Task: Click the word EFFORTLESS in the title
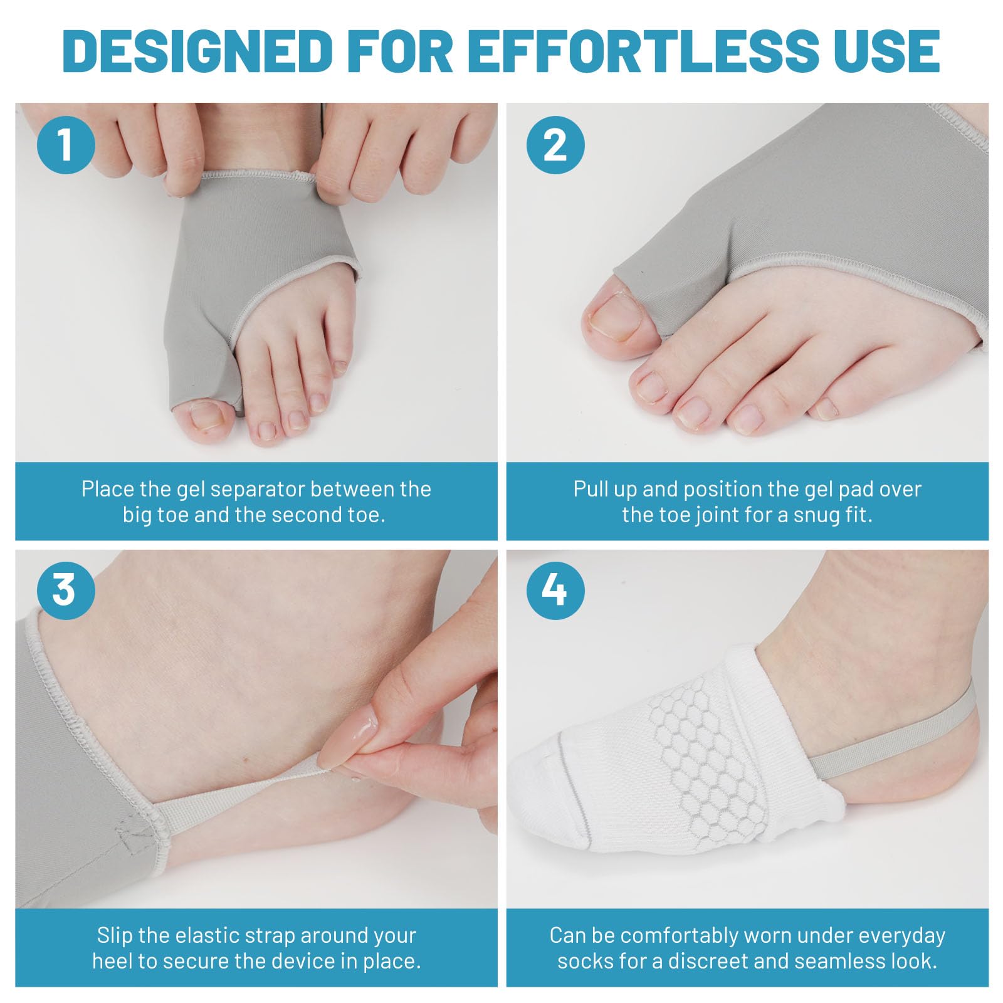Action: pos(643,50)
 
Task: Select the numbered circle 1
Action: pos(66,145)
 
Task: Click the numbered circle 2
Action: pos(555,145)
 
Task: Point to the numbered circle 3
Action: pos(66,591)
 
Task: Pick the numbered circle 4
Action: pos(555,591)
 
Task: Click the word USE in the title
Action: pos(885,50)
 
